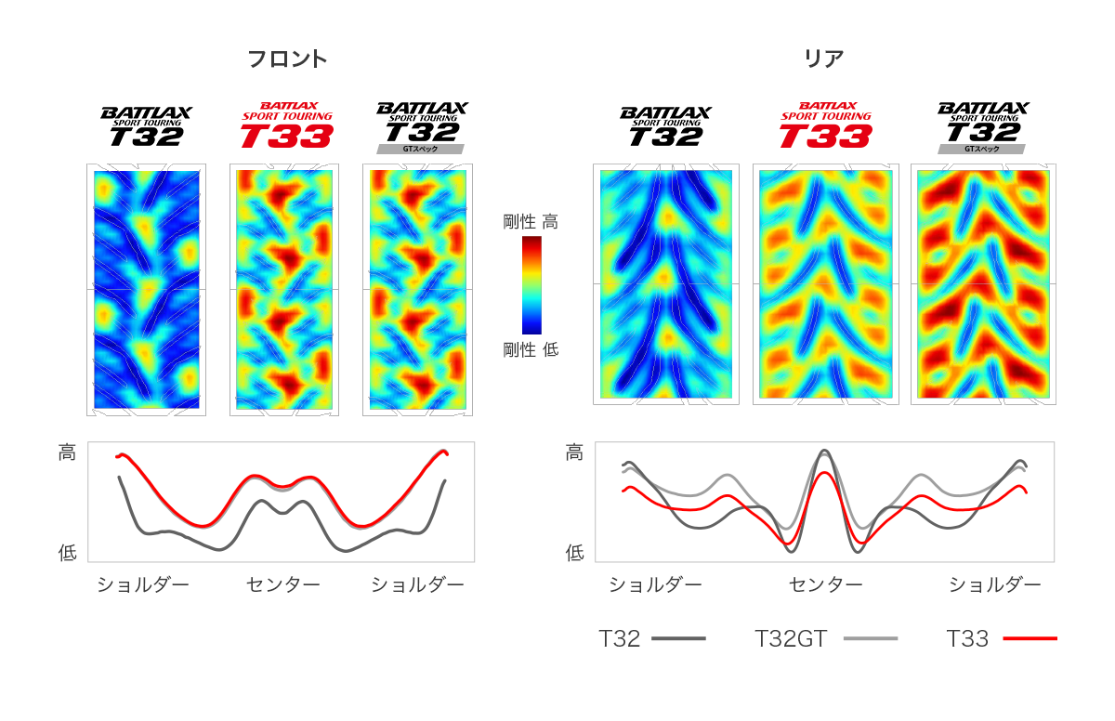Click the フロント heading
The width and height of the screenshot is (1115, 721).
287,59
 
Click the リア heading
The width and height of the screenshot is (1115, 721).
823,59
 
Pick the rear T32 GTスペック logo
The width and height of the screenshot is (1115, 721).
983,126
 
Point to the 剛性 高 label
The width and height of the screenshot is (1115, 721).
531,222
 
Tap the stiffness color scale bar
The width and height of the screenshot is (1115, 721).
531,284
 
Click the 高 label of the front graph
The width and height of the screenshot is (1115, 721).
67,453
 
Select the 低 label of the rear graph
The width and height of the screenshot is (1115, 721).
574,553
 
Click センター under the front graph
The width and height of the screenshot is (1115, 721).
283,584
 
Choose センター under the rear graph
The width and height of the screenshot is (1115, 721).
825,584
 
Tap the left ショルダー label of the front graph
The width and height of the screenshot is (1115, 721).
143,584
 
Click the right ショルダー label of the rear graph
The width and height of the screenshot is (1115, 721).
994,584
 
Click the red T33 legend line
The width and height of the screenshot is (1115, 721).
1030,638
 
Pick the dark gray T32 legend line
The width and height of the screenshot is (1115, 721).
678,638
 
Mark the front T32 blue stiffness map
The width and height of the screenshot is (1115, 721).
147,289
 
